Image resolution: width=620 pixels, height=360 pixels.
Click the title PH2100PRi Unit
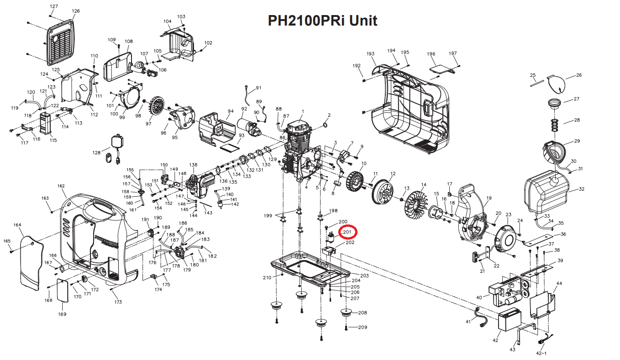click(x=322, y=21)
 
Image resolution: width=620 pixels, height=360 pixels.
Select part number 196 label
click(x=431, y=54)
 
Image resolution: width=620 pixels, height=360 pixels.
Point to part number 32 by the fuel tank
click(x=581, y=189)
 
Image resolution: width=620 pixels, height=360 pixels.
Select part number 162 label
click(x=61, y=186)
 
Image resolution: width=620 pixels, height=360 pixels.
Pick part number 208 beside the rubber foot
click(x=363, y=313)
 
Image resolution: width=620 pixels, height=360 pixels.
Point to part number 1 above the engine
click(x=302, y=111)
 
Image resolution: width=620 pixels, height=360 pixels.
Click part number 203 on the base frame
click(x=364, y=276)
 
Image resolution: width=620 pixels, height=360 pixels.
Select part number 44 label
click(x=559, y=283)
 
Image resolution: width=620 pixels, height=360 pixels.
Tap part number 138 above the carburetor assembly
click(x=194, y=165)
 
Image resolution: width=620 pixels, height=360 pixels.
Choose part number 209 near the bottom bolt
click(x=363, y=327)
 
